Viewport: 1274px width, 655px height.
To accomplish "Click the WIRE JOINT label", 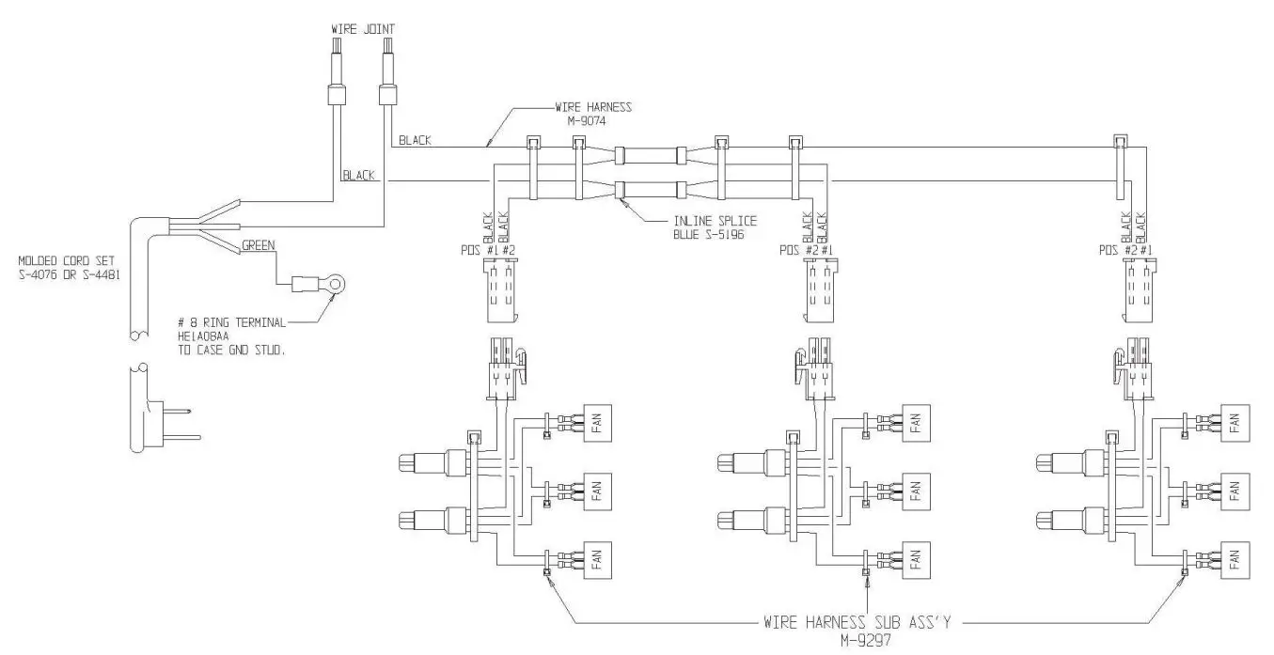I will click(x=362, y=29).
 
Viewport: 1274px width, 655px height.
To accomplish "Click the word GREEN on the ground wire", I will click(x=258, y=246).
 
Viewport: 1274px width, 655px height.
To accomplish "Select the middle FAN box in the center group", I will click(x=916, y=490).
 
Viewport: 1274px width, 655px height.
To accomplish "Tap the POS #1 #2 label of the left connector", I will click(x=486, y=250).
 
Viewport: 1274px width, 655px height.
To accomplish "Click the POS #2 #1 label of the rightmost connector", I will click(x=1124, y=250).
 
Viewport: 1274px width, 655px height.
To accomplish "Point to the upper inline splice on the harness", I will click(x=648, y=155).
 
